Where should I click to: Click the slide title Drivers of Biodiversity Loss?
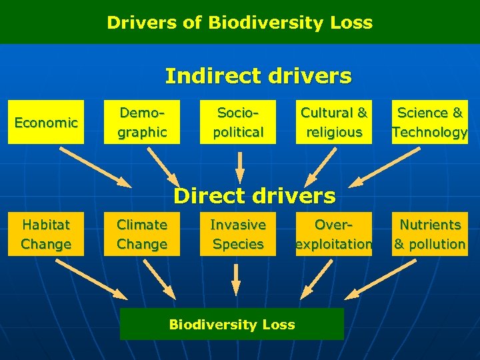(240, 23)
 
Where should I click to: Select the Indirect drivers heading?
(258, 76)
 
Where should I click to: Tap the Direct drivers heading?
(254, 195)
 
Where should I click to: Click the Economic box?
(46, 122)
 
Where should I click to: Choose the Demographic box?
(142, 122)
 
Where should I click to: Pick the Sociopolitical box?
(238, 122)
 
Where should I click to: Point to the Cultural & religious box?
(334, 122)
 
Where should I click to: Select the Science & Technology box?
(430, 122)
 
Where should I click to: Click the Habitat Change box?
(46, 234)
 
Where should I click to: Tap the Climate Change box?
(142, 234)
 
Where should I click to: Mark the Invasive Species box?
(238, 234)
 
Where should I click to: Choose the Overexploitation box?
(334, 234)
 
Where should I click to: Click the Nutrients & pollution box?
(430, 234)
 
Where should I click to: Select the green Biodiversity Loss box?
(232, 325)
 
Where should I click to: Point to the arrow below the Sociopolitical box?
(240, 167)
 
